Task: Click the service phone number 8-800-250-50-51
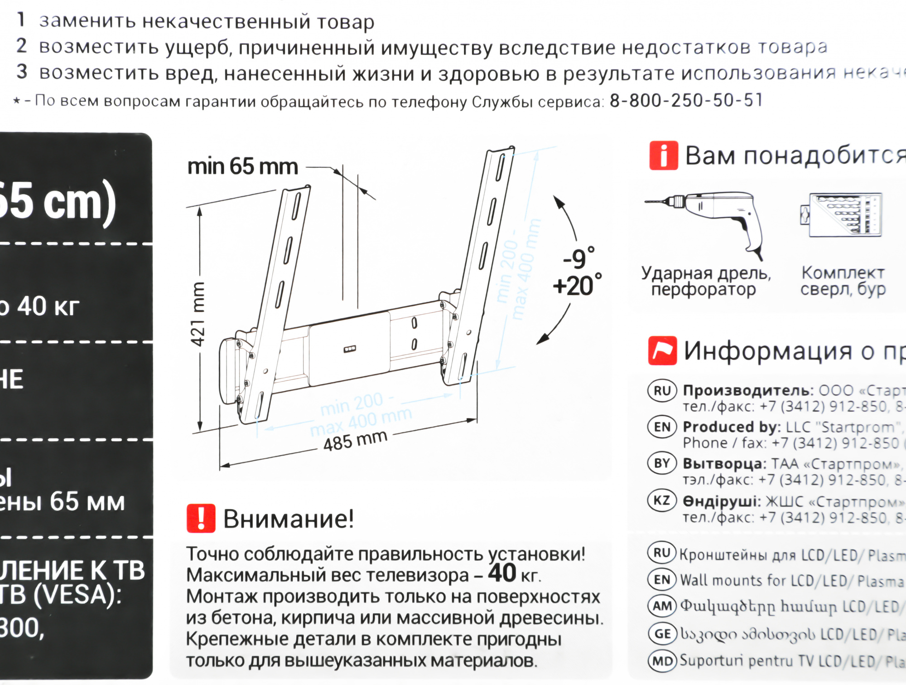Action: tap(686, 100)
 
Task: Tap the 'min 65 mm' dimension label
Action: tap(242, 166)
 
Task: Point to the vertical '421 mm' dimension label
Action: tap(198, 314)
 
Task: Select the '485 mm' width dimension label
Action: tap(355, 440)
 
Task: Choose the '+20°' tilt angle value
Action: tap(577, 286)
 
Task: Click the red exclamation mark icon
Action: tap(201, 518)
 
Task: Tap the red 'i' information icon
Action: tap(663, 155)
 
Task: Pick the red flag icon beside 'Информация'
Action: tap(662, 350)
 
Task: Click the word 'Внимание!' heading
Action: tap(288, 519)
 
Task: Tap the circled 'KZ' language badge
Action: tap(662, 500)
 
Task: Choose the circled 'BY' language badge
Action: tap(662, 463)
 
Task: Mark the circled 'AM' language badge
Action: tap(662, 606)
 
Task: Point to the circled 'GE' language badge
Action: tap(662, 633)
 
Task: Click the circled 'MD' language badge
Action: tap(662, 661)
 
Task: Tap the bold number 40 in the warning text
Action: tap(502, 573)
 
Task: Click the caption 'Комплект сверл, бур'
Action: tap(843, 281)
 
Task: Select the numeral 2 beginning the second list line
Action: tap(21, 46)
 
